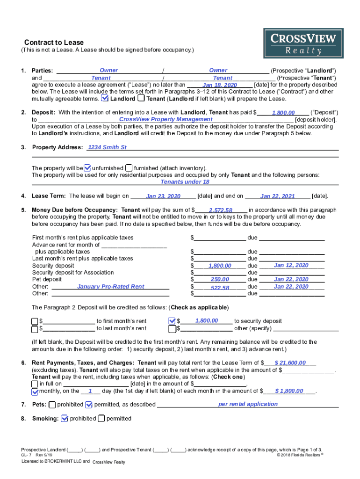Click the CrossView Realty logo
[x=303, y=44]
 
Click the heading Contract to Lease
[x=48, y=43]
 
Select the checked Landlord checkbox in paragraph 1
[x=105, y=99]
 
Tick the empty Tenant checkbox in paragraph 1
[x=141, y=99]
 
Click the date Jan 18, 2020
[x=220, y=86]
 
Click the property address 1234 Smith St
[x=108, y=147]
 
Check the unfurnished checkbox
[x=87, y=168]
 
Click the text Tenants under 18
[x=185, y=182]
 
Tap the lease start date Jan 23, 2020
[x=163, y=196]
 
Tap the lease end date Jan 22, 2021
[x=277, y=196]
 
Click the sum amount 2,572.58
[x=220, y=210]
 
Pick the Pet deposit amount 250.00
[x=220, y=280]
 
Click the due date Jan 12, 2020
[x=291, y=265]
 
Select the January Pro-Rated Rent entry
[x=111, y=287]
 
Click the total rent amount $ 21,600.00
[x=290, y=363]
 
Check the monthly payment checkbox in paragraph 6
[x=35, y=392]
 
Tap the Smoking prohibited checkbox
[x=65, y=418]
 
